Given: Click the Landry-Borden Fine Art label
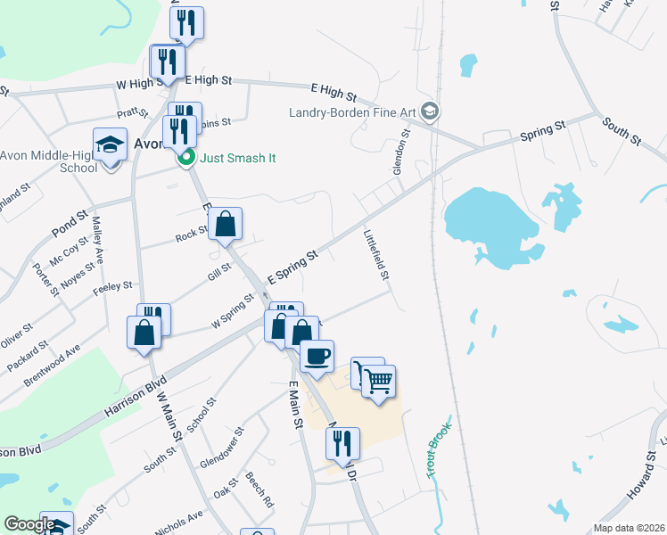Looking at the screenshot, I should coord(353,111).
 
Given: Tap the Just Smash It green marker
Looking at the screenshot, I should coord(186,159).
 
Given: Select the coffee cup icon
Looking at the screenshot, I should coord(317,357).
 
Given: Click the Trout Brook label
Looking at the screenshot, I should coord(439,450).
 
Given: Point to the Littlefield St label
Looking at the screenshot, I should coord(376,256).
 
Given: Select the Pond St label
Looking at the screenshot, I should coord(70,224).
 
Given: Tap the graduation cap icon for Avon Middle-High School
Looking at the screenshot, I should coord(110,144).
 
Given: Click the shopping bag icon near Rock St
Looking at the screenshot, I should coord(226,225).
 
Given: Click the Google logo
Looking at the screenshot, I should coord(29,524).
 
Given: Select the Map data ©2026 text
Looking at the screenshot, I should coord(629,528).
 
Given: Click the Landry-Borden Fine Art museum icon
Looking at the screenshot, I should coord(431,111).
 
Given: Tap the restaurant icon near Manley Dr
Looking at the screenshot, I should coord(342,443).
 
